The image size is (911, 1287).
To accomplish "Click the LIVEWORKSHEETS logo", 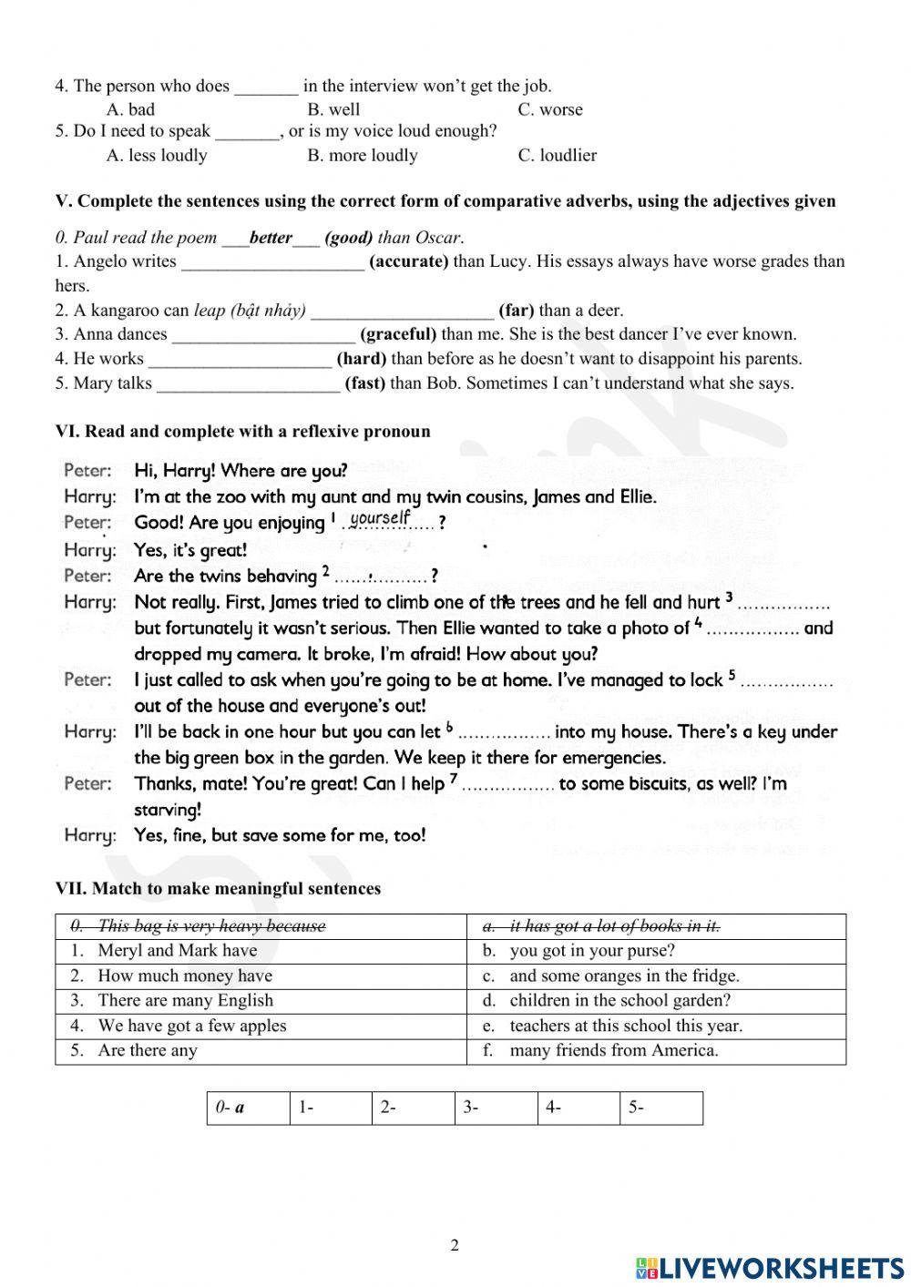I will tap(770, 1268).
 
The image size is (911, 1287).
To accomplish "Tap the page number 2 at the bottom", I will tap(455, 1245).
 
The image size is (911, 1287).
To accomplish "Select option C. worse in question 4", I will tap(549, 109).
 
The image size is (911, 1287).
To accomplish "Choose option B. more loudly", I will tap(362, 155).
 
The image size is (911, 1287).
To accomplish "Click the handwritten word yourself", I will tap(380, 518).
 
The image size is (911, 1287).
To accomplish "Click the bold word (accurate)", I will tap(408, 261).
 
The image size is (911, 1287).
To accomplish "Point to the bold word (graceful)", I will tap(398, 334).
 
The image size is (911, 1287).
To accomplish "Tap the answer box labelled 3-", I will tap(496, 1108).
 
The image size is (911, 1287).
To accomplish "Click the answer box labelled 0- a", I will tap(248, 1108).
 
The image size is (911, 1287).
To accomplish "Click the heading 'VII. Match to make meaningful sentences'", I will tap(218, 888).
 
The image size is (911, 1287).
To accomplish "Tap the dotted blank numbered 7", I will tap(507, 785).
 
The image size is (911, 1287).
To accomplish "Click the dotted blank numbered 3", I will tap(783, 604).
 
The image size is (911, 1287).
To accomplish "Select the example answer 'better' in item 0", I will tap(271, 238).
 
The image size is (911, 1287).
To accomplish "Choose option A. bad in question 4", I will tap(130, 109).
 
